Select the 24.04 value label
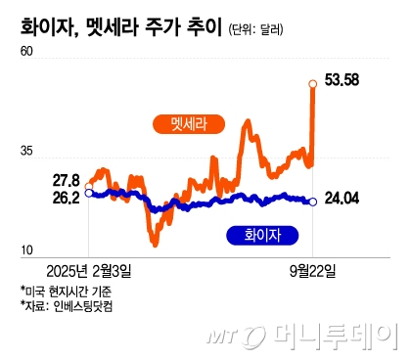(342, 201)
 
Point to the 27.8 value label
(66, 180)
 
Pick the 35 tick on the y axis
(26, 152)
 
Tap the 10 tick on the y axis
(26, 250)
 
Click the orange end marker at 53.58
(312, 84)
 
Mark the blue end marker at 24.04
(312, 202)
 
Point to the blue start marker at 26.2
(89, 194)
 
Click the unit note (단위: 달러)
(254, 30)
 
